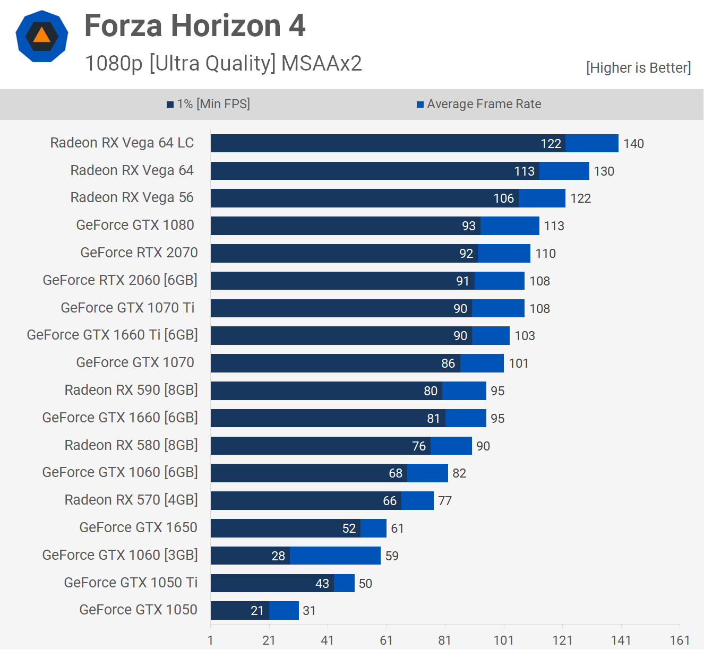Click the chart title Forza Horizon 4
[195, 25]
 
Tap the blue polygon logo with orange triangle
[42, 36]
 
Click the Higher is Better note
[638, 68]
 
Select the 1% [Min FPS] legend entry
[208, 104]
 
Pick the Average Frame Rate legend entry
[479, 104]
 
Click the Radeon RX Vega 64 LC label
[122, 143]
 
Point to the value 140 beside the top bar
[633, 144]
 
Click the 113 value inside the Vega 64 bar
[524, 171]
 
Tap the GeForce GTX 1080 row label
[135, 225]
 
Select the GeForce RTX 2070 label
[139, 253]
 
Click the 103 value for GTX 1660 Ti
[525, 336]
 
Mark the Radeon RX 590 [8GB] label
[131, 390]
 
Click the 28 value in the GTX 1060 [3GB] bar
[278, 556]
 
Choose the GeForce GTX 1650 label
[138, 527]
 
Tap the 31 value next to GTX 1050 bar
[309, 611]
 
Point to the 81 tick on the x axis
[445, 640]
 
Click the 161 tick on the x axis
[680, 640]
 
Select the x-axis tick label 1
[211, 640]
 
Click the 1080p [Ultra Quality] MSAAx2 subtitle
[223, 63]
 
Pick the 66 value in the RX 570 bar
[390, 501]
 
